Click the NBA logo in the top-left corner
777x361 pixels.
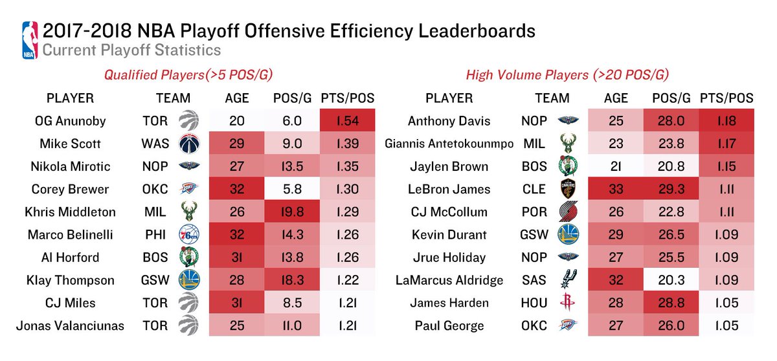[29, 40]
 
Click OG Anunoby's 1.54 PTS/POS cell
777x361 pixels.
[348, 121]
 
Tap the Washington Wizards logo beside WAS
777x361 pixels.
[188, 144]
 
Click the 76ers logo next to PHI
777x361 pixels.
[188, 235]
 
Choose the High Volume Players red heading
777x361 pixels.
[568, 76]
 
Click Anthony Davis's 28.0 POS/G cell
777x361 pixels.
[671, 121]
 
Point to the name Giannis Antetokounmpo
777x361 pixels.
[449, 144]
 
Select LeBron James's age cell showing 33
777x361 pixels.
[615, 190]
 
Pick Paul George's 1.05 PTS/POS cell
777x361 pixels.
[726, 325]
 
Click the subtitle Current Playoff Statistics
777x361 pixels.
[131, 50]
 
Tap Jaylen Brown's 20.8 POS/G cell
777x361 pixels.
[671, 166]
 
